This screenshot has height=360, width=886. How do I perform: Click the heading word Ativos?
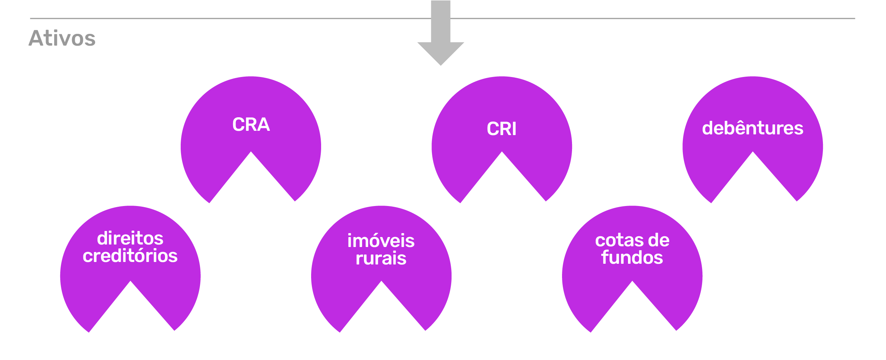coord(62,38)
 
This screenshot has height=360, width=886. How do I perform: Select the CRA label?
coord(251,125)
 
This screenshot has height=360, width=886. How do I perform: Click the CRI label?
coord(501,129)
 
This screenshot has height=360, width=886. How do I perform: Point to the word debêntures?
coord(752,128)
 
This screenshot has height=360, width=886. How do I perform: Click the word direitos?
coord(130,238)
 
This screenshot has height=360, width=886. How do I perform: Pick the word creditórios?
coord(130,256)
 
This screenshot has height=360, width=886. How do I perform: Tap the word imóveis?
coord(381,241)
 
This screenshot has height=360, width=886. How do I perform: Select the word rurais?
coord(381,258)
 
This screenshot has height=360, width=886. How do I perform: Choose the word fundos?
coord(632,258)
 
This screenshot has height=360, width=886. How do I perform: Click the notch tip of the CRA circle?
coord(251,153)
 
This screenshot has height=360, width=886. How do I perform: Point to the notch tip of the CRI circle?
coord(502,153)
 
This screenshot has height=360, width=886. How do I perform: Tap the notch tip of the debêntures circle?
coord(753,153)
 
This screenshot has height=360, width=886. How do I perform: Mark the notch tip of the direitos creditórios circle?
coord(130,282)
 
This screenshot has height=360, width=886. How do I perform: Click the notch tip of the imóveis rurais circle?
coord(381,282)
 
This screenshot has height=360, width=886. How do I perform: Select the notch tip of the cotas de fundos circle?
coord(632,282)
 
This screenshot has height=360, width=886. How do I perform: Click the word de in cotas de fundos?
coord(659,241)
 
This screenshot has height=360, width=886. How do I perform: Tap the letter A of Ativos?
coord(37,38)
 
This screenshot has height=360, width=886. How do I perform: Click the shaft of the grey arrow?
coord(441,21)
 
